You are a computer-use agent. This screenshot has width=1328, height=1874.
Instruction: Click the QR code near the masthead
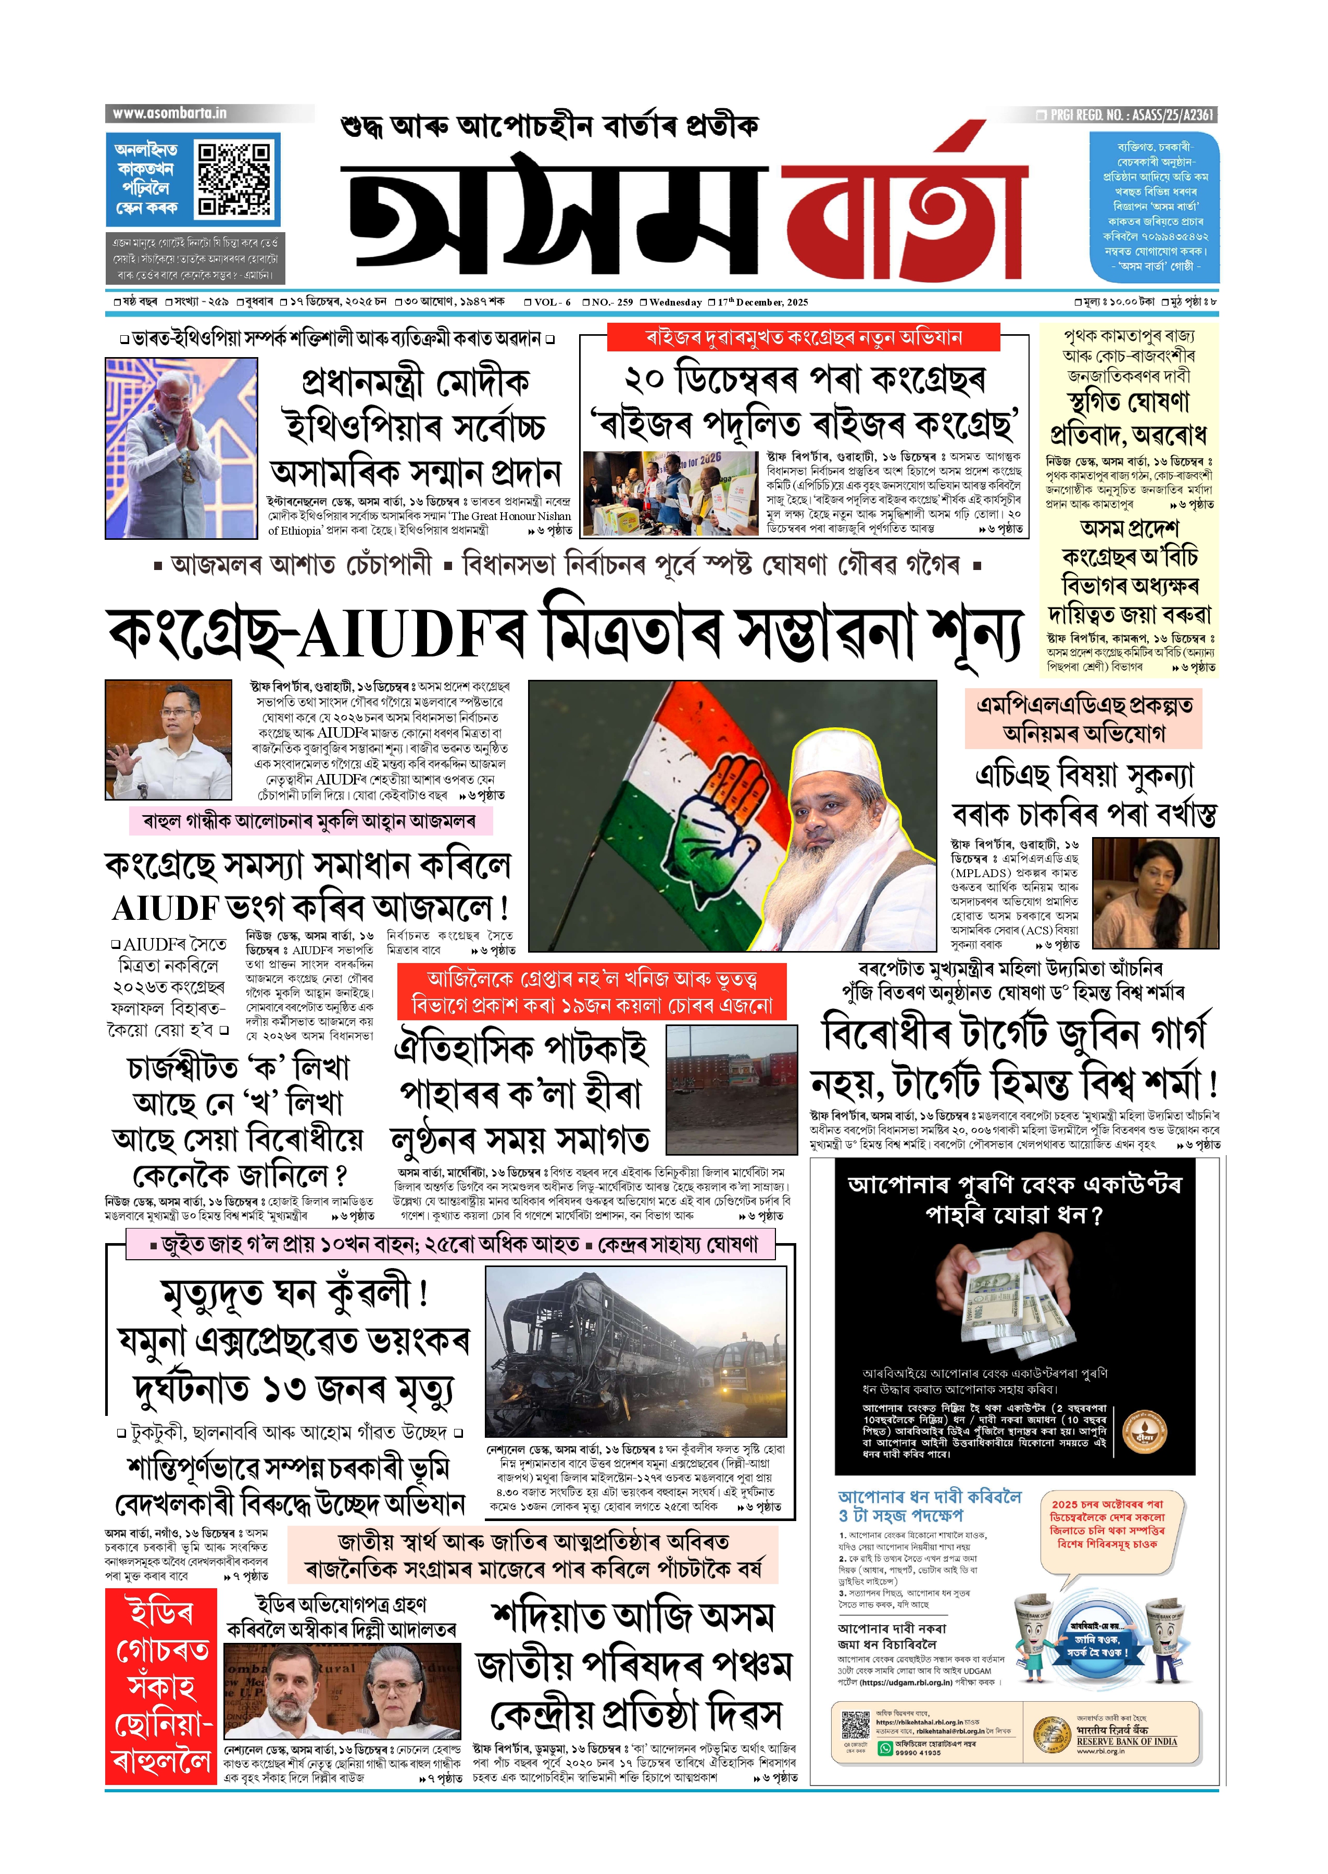pos(235,179)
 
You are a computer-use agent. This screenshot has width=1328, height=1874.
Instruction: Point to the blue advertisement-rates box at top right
pos(1153,207)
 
